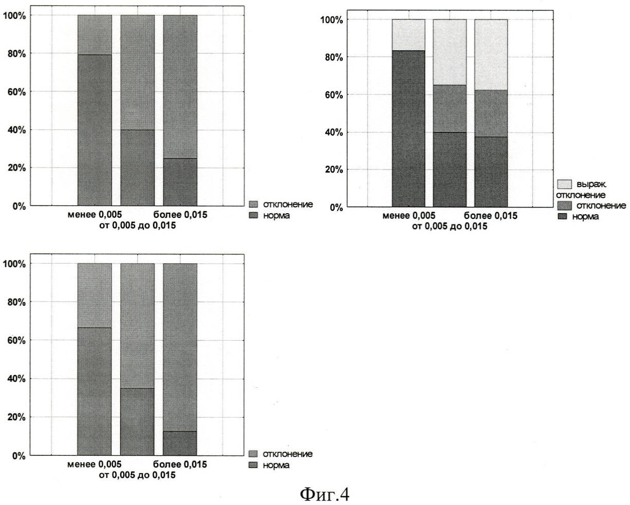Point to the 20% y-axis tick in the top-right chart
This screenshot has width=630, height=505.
[x=332, y=170]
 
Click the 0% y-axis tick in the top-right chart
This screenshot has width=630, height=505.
[x=336, y=207]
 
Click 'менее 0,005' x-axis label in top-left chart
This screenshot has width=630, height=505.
[x=95, y=215]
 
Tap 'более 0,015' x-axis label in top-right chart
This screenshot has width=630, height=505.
[x=491, y=216]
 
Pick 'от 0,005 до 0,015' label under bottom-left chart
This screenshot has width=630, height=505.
[x=137, y=475]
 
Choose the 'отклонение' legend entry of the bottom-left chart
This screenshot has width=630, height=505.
[x=287, y=454]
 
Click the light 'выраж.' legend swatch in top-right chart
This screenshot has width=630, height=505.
[x=564, y=184]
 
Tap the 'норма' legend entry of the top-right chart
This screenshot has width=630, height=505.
[x=585, y=217]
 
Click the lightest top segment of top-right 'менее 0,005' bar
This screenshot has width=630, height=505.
[x=408, y=34]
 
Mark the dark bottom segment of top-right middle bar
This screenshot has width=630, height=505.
[x=450, y=170]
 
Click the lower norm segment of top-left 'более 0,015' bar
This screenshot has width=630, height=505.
[x=180, y=182]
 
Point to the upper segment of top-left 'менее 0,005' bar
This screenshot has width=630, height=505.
[x=95, y=34]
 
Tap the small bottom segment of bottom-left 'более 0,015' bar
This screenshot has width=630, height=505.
[x=180, y=443]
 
